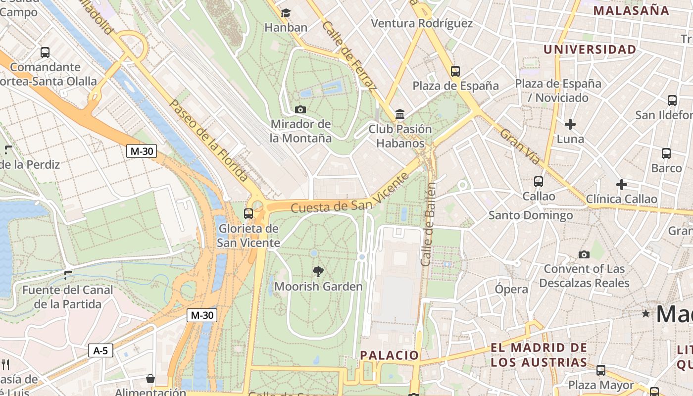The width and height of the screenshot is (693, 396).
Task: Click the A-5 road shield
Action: pyautogui.click(x=100, y=350)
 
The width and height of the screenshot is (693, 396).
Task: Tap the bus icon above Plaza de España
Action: pyautogui.click(x=455, y=71)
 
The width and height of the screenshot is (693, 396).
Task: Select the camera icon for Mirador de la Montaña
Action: pyautogui.click(x=300, y=109)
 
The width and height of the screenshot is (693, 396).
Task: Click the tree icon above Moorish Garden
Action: pyautogui.click(x=318, y=271)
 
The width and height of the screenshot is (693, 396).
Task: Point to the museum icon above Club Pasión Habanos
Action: pyautogui.click(x=400, y=115)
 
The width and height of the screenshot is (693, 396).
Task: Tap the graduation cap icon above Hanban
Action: pyautogui.click(x=286, y=13)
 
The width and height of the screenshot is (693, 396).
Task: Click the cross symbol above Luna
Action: pyautogui.click(x=570, y=124)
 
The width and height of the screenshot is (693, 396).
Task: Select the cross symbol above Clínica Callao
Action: pyautogui.click(x=622, y=185)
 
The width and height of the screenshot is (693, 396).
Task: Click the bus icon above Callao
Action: pyautogui.click(x=539, y=182)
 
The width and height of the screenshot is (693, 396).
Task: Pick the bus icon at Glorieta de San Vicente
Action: pyautogui.click(x=248, y=214)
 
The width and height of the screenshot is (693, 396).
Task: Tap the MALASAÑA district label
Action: pyautogui.click(x=631, y=10)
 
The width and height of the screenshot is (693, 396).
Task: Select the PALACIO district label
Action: pyautogui.click(x=389, y=355)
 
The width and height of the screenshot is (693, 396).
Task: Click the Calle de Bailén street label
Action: pyautogui.click(x=429, y=224)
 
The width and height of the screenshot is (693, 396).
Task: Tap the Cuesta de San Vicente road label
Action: pyautogui.click(x=349, y=201)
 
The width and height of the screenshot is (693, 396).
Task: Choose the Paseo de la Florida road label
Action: pyautogui.click(x=208, y=140)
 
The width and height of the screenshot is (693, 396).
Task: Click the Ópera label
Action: pyautogui.click(x=511, y=289)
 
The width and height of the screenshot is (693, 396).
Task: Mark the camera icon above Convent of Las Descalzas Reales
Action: pyautogui.click(x=584, y=254)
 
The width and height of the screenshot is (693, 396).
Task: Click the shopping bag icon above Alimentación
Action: pyautogui.click(x=150, y=379)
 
